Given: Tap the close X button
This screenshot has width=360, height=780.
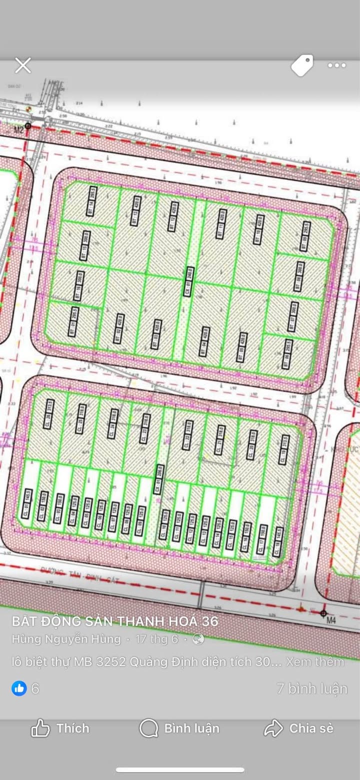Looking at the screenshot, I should (23, 66).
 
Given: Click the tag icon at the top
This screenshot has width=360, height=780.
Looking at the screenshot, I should (302, 66).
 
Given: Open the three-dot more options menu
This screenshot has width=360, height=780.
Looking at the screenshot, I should (336, 66).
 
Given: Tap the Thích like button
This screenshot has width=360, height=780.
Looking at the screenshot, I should (60, 728).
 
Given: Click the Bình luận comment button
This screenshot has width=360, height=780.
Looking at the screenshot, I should (179, 728).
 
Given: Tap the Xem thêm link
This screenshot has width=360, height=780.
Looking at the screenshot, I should (315, 661).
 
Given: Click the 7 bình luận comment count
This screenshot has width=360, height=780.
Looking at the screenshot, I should (312, 688).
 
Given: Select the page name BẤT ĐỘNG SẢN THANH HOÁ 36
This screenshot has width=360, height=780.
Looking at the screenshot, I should (115, 621).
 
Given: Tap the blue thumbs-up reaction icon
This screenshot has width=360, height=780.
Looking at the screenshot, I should (19, 688).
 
